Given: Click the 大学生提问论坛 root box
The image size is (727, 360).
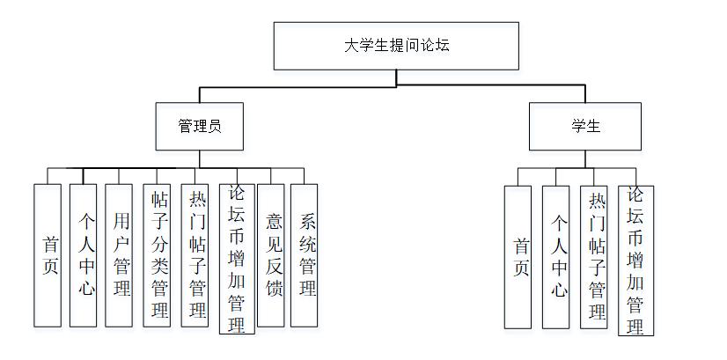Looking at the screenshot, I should coord(396,46).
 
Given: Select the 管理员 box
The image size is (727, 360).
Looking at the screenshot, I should coord(199,126).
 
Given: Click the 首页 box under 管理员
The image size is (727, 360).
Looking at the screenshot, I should coord(48,255).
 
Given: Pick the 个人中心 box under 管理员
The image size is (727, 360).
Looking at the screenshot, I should coord(84,255).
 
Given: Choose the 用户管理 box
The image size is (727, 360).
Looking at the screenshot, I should coord(119,255).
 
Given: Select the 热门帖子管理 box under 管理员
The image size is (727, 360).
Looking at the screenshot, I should coord(196,255).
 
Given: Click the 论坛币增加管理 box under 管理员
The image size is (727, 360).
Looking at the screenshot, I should coord(235,259).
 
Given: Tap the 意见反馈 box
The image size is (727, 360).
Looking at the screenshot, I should coord(271,255).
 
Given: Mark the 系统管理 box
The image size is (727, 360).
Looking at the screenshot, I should coord(305,255).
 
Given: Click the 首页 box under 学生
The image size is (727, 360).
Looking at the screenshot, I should coord(518,257).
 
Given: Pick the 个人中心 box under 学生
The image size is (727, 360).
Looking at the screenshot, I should coord(556,257).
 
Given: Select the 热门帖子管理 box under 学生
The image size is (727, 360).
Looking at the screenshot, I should coord(595,257).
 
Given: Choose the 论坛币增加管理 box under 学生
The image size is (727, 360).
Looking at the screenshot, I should coord(635,261).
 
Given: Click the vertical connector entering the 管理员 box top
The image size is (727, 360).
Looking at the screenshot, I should coord(199,94).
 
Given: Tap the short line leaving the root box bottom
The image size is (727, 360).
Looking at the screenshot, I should coord(396,77).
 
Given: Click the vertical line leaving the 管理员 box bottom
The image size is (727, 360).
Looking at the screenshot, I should coord(199,158).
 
